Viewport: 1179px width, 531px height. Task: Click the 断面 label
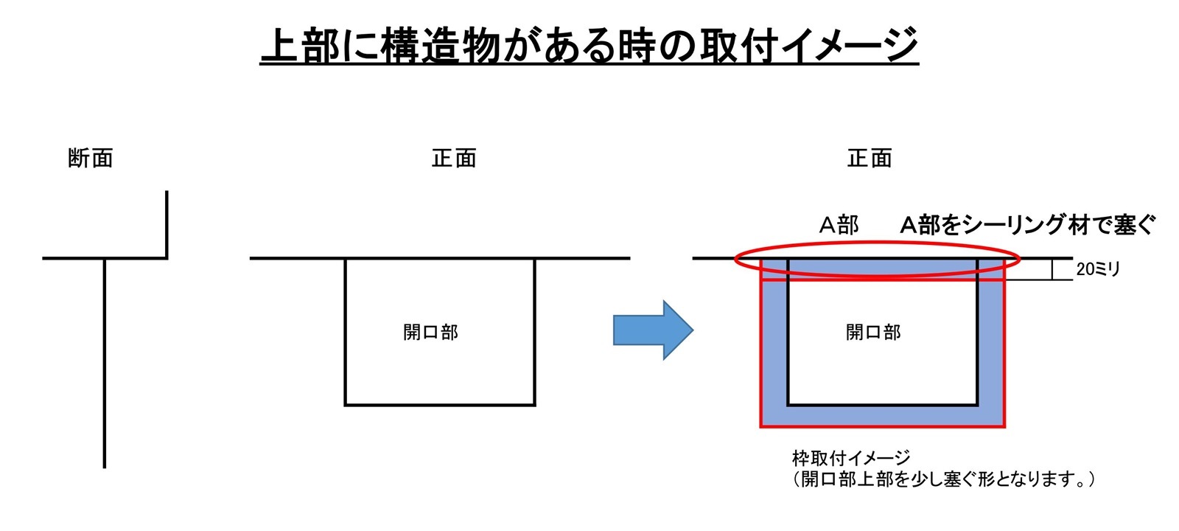pos(91,158)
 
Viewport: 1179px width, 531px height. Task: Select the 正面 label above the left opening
pos(454,158)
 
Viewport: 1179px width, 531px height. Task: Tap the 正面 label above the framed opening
pos(870,158)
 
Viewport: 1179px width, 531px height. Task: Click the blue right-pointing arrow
pos(653,330)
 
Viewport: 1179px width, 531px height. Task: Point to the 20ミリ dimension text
pos(1098,269)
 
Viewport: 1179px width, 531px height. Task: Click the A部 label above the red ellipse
pos(839,225)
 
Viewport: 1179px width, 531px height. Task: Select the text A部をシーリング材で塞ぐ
pos(1027,225)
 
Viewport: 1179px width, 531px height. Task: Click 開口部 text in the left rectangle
pos(430,333)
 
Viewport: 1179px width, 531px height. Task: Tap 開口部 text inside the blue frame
pos(873,333)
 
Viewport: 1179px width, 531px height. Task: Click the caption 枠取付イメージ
pos(851,458)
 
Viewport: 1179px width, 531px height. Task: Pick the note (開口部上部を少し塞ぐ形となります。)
pos(943,479)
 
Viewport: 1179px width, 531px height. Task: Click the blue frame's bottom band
pos(883,416)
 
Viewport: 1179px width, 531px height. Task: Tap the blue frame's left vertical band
pos(774,342)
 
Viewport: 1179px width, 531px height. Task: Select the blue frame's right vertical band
pos(991,342)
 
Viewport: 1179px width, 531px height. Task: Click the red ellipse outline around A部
pos(878,243)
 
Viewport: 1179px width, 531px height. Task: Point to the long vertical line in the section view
pos(105,364)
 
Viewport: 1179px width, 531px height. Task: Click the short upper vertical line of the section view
pos(167,224)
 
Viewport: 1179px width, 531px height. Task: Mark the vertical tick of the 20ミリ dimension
pos(1052,269)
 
